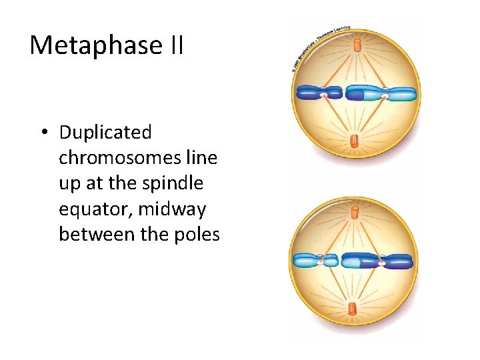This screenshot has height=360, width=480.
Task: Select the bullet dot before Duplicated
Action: coord(43,133)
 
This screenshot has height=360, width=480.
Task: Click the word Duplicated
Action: coord(105,133)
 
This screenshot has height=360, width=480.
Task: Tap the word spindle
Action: coord(177,183)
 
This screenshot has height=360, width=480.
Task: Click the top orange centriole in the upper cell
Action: coord(357,46)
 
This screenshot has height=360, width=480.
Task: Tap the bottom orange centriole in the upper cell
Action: coord(355,141)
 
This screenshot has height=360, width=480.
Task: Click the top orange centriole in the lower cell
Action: coord(355,213)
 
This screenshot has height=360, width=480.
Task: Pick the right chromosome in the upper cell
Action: coord(381,93)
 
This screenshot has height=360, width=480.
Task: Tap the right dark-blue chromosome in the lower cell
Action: coord(377,260)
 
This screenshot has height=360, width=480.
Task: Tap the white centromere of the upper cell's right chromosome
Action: coord(385,97)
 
